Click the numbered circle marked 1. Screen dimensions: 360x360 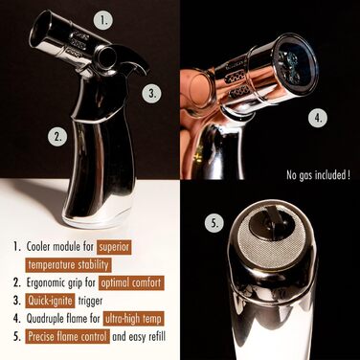point(102,20)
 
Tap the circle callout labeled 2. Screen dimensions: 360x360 point(57,137)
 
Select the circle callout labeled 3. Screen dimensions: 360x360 point(152,93)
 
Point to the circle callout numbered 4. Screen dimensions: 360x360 point(318,118)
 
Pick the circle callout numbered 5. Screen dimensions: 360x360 point(214,223)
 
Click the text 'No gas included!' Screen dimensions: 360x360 point(318,175)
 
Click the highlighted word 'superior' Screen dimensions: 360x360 point(114,247)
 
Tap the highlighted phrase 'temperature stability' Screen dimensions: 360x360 point(68,265)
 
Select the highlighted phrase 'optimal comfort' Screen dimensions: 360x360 point(131,282)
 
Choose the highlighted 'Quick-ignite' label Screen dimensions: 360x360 point(50,301)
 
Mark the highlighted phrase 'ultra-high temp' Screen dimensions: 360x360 point(133,319)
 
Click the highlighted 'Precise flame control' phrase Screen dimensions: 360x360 point(68,336)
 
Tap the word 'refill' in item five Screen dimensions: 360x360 point(155,337)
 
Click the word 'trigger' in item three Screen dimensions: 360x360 point(90,302)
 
